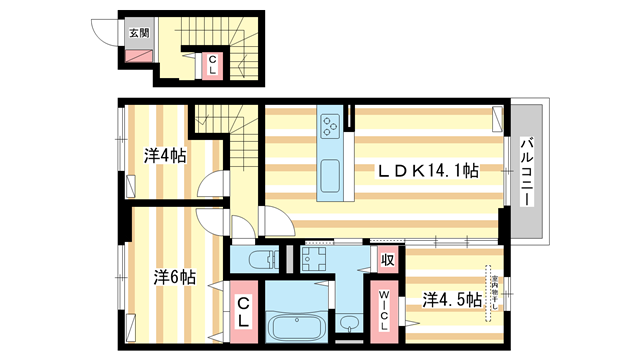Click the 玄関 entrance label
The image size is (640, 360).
point(138,32)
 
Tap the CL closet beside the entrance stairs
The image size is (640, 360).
point(212,65)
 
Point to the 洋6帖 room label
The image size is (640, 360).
point(174,275)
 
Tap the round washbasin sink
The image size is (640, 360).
point(347,323)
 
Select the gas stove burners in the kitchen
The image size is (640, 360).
point(331,126)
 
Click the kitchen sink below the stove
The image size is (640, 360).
point(330,175)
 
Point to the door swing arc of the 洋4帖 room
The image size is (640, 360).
point(212,187)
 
